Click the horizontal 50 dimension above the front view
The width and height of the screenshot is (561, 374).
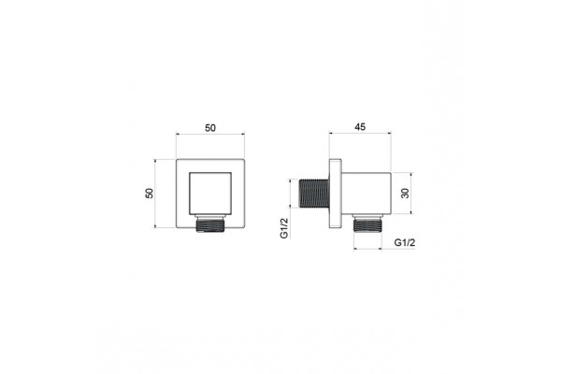[x=210, y=128]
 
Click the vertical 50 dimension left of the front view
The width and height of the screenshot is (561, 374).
[x=150, y=194]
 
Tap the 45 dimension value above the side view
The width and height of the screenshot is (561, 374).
[x=360, y=127]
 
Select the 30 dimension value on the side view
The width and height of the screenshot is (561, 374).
[x=405, y=194]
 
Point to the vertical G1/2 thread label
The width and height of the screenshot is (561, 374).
[x=284, y=228]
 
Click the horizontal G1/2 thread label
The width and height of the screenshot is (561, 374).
[x=405, y=242]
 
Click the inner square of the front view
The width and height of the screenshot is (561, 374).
[x=210, y=194]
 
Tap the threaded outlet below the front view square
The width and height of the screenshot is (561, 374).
[x=210, y=225]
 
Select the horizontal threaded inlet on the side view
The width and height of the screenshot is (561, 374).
[x=314, y=194]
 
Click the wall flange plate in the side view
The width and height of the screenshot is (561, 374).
[x=336, y=194]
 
